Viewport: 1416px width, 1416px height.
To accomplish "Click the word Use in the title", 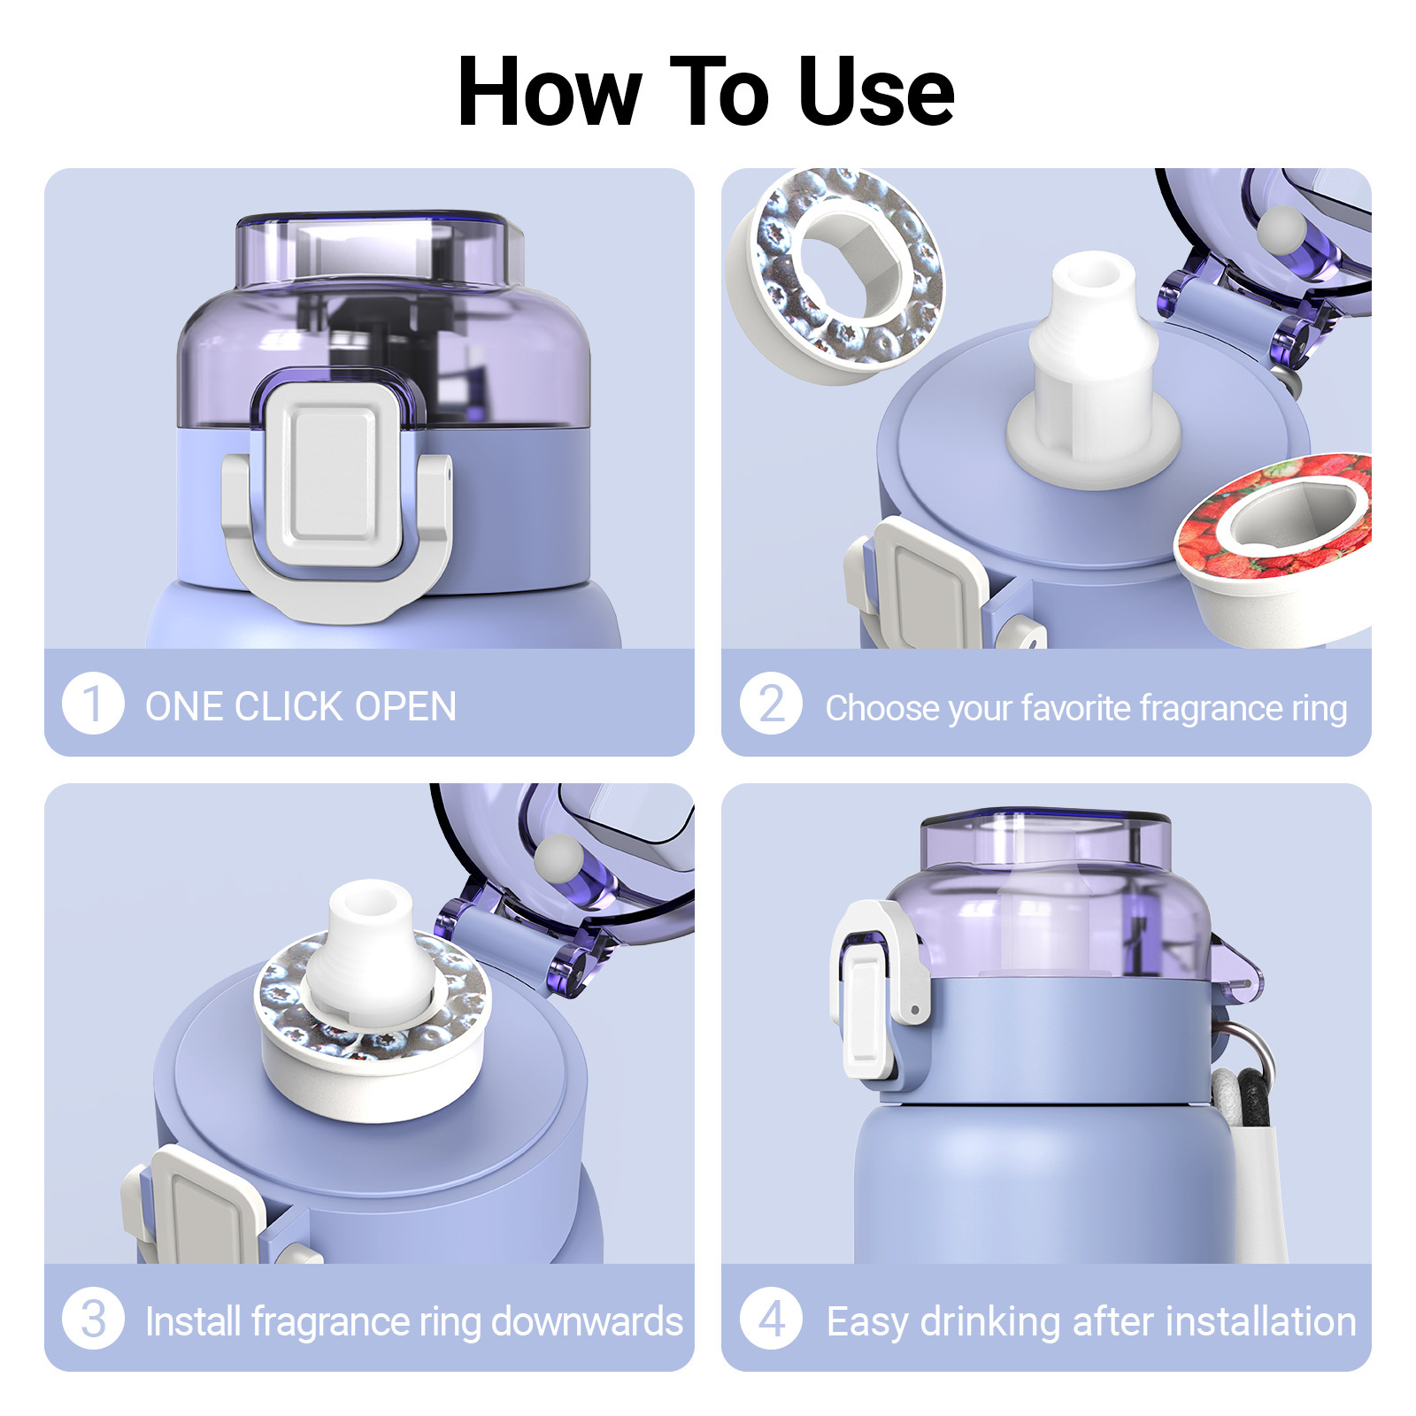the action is point(876,92).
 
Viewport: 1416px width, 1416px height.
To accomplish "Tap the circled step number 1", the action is point(93,704).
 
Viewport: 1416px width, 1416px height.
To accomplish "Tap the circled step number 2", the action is point(772,704).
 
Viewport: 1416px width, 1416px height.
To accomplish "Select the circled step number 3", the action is point(93,1319).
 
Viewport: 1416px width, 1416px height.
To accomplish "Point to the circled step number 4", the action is point(772,1319).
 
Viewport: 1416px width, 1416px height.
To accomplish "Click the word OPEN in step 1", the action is point(405,706).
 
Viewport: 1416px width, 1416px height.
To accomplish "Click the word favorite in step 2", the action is point(1075,708).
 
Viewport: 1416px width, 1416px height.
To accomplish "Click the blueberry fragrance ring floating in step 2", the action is point(835,275).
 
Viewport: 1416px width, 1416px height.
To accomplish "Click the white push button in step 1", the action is point(334,474).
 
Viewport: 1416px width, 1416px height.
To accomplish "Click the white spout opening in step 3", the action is point(370,904).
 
